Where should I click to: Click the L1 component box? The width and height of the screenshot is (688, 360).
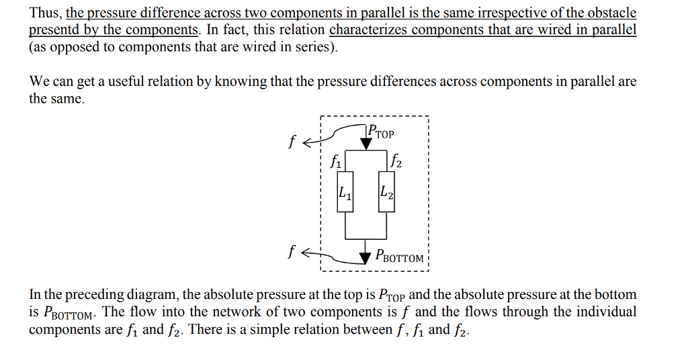tap(345, 193)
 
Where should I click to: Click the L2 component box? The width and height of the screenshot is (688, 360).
tap(386, 193)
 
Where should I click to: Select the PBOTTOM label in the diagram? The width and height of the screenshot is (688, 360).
tap(400, 257)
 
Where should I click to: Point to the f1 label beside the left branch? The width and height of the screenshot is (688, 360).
tap(337, 161)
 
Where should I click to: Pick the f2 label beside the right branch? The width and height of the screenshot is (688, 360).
tap(396, 161)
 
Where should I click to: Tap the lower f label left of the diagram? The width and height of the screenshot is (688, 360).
tap(292, 253)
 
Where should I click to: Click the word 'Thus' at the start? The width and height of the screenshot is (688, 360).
tap(44, 13)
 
